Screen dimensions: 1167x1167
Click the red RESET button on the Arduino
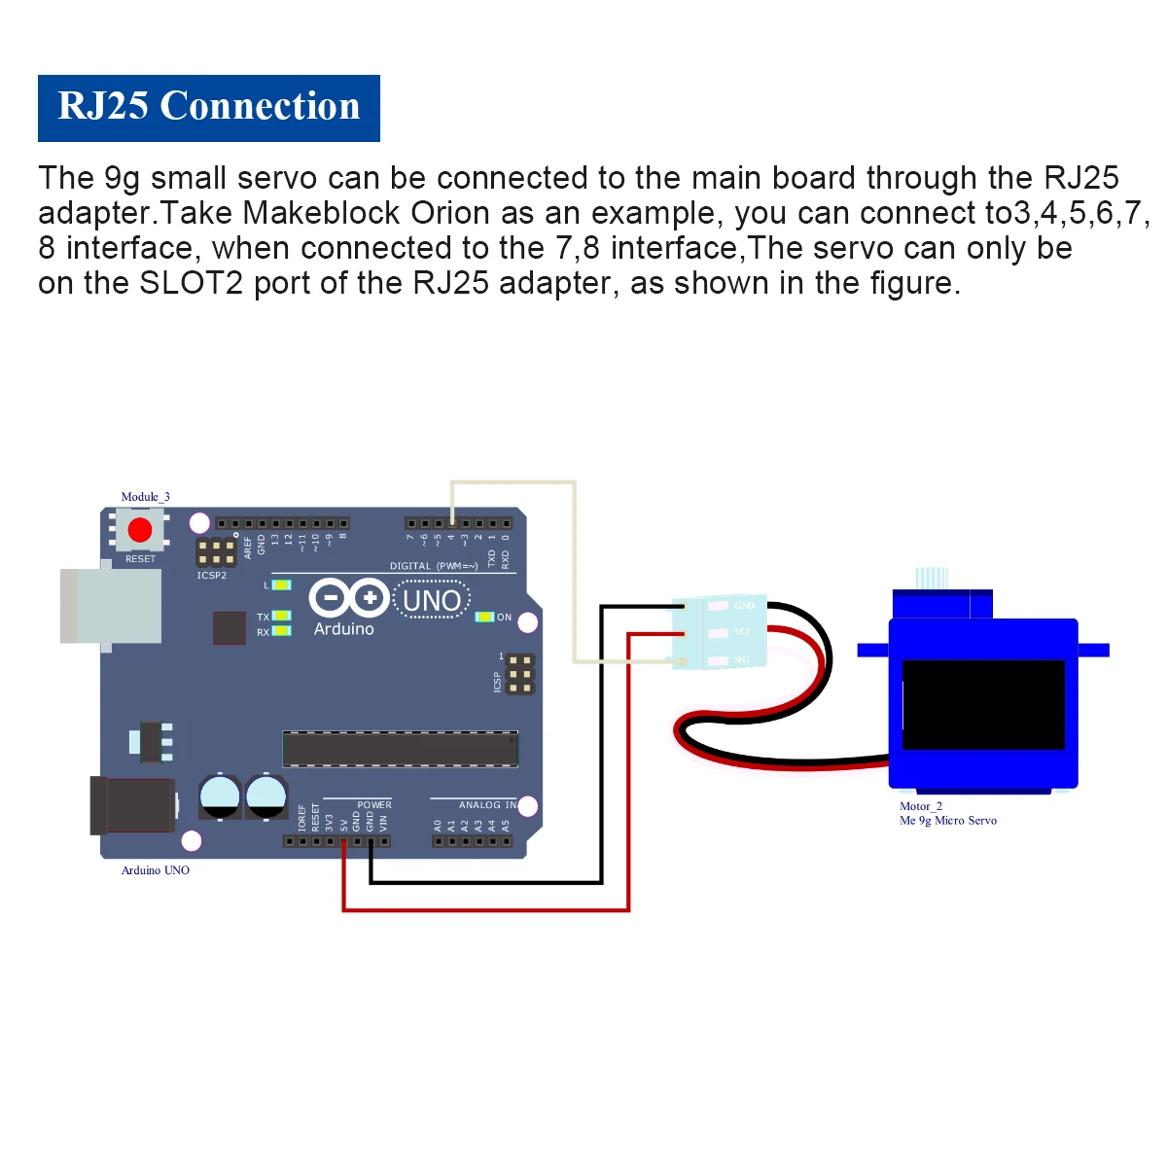coord(140,530)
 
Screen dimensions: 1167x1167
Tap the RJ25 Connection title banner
coord(209,108)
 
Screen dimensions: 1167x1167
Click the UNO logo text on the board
coord(432,601)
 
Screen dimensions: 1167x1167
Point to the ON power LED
coord(483,617)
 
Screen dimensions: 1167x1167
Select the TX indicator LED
coord(281,616)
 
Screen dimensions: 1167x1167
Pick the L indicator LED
coord(281,584)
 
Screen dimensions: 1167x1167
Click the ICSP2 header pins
coord(216,552)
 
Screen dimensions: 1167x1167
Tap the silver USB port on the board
coord(111,606)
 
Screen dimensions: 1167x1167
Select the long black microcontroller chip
coord(400,749)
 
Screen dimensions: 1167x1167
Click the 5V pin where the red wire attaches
coord(344,841)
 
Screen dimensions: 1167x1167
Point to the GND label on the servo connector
coord(744,606)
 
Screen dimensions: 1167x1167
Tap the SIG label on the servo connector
coord(742,661)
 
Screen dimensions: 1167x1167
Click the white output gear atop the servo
coord(932,578)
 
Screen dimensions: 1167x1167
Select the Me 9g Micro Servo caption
coord(948,821)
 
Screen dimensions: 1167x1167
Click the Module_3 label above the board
coord(145,497)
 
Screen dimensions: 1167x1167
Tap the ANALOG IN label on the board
coord(487,805)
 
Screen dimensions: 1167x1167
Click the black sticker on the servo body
coord(983,704)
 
